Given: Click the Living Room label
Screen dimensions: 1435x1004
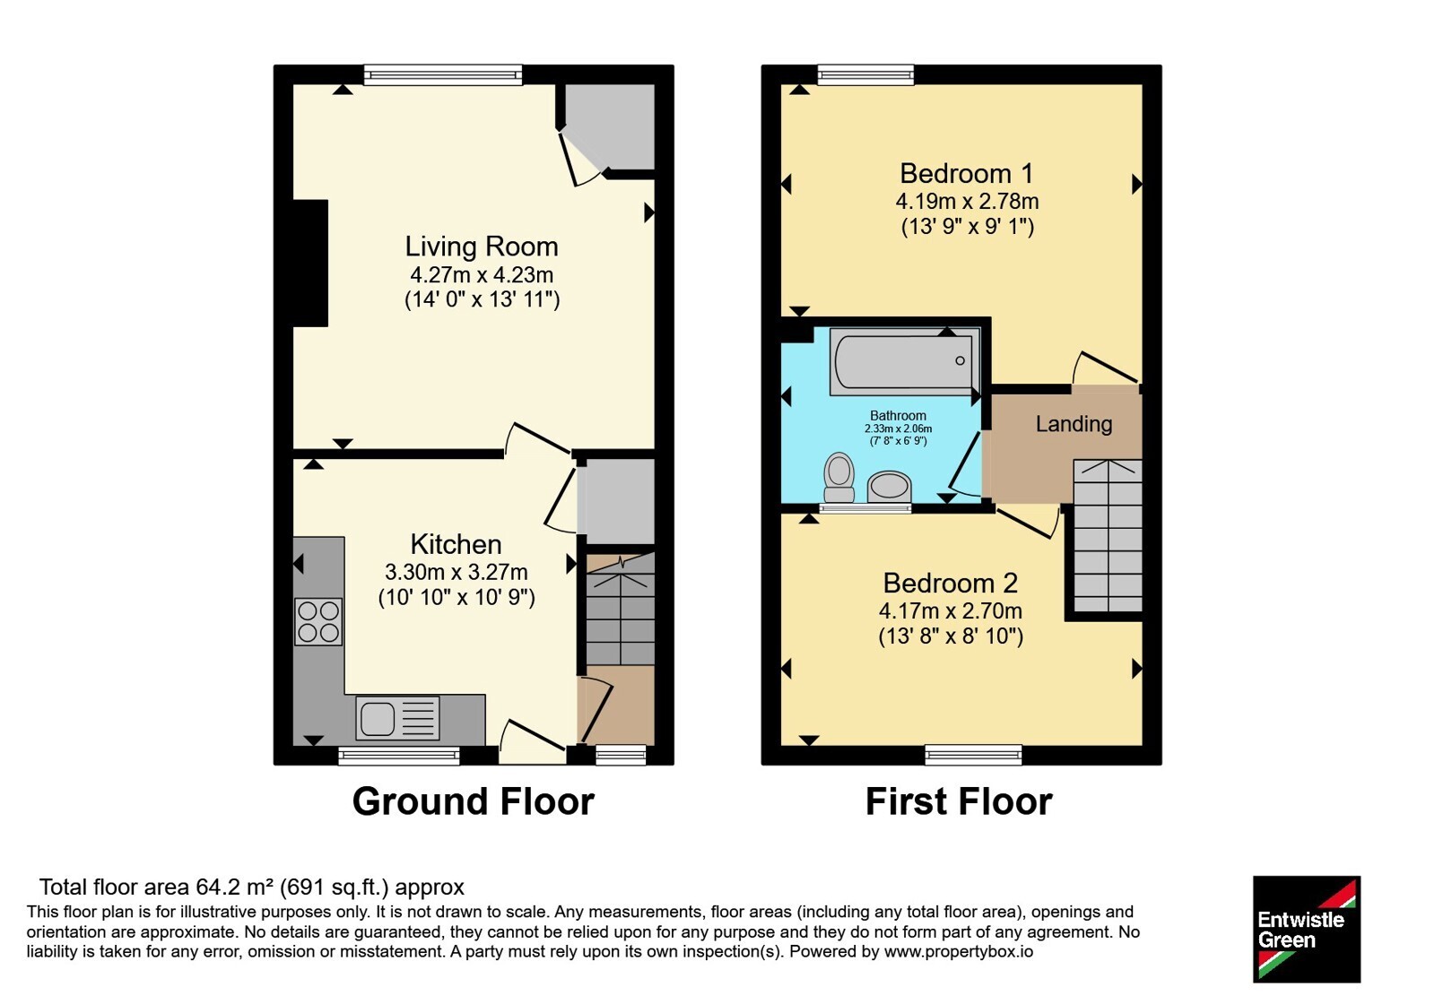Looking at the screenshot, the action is pos(481,247).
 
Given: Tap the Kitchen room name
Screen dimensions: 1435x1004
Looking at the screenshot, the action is pos(456,544).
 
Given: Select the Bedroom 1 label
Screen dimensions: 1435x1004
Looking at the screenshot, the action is pos(967,174).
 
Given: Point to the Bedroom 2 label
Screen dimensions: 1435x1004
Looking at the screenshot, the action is pos(950,584).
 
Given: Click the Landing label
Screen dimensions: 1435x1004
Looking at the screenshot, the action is pos(1074,424).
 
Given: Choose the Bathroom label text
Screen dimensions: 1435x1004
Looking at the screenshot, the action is pos(898,416).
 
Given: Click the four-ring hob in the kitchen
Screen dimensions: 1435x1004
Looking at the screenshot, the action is pos(318,622).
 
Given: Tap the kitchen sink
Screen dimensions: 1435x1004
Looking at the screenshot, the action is pos(398,718).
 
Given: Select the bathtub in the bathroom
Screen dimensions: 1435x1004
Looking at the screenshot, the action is pos(905,362).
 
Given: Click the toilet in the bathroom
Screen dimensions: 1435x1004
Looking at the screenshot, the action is pos(839,478).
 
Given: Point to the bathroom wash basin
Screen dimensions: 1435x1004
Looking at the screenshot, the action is pos(889,487).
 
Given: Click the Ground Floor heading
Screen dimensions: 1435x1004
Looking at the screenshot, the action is pos(474,801).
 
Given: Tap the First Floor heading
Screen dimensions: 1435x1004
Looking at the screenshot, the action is pos(959,801).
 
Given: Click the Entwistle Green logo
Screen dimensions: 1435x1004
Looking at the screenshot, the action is pos(1307,929).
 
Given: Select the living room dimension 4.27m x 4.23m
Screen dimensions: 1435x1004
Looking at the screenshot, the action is pos(482,274).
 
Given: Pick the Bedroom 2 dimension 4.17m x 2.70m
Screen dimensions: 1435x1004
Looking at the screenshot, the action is pos(950,610).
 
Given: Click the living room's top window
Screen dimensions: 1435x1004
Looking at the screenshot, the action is pos(443,75).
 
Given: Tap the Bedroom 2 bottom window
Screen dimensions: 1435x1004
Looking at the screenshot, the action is pos(973,755).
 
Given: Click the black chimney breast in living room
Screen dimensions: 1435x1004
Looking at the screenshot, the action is pos(310,264).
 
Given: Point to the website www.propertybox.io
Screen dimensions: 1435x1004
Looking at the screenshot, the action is pos(959,951).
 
